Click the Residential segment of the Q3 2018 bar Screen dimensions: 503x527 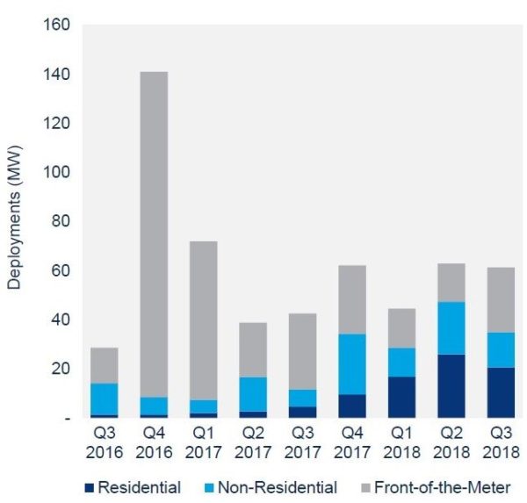[x=502, y=392]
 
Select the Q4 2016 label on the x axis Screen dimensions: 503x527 [x=153, y=444]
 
